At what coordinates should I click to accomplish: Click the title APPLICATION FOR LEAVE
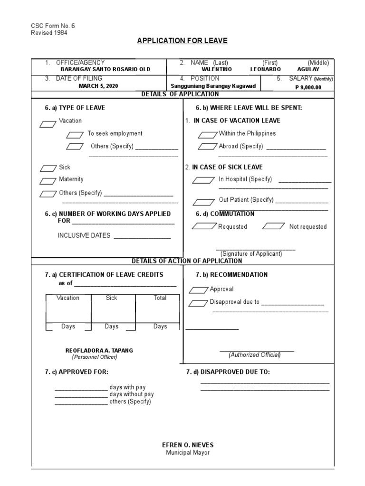[x=182, y=41]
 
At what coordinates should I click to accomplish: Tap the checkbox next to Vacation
[x=48, y=124]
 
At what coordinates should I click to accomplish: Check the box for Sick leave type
[x=48, y=168]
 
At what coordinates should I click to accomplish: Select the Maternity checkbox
[x=48, y=181]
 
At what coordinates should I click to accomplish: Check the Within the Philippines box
[x=207, y=135]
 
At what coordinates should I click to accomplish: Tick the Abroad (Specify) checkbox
[x=207, y=147]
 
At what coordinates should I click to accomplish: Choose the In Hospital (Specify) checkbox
[x=203, y=180]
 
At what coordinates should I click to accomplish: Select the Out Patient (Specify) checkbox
[x=203, y=202]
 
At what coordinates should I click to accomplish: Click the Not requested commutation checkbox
[x=273, y=226]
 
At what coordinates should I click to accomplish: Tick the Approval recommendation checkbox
[x=198, y=290]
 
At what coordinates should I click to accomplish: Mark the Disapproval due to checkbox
[x=198, y=303]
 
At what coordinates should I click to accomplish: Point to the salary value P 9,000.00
[x=308, y=87]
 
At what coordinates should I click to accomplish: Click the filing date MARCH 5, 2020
[x=98, y=86]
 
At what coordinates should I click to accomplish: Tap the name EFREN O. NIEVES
[x=188, y=445]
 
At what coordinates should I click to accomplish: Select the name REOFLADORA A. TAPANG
[x=99, y=350]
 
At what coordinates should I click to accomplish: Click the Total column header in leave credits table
[x=160, y=298]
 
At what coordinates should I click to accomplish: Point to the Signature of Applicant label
[x=251, y=254]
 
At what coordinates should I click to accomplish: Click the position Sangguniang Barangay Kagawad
[x=213, y=86]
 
